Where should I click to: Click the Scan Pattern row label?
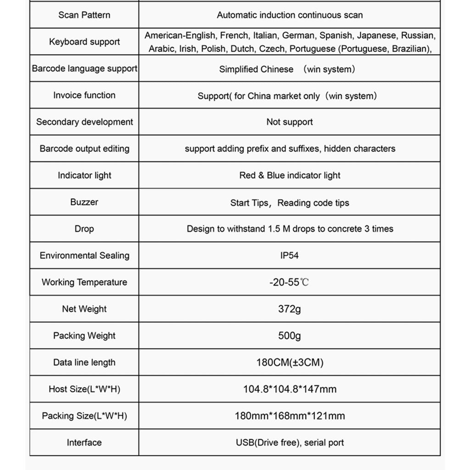(x=84, y=15)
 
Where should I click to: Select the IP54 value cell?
(x=289, y=255)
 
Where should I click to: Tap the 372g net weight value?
(x=289, y=309)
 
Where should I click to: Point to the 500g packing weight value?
(x=289, y=336)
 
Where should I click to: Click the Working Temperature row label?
(x=84, y=282)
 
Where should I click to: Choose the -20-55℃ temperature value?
(x=289, y=282)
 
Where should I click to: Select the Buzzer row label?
(x=84, y=202)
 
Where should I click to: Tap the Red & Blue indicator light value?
(x=290, y=175)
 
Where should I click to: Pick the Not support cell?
(x=289, y=122)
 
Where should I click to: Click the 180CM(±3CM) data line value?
(x=289, y=363)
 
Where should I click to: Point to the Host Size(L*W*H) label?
(x=84, y=389)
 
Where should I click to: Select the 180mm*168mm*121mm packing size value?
(x=289, y=416)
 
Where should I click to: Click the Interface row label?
(x=84, y=442)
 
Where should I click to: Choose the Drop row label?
(x=84, y=229)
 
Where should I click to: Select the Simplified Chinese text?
(x=256, y=69)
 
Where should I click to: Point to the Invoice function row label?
(x=84, y=95)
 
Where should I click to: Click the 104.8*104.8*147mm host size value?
(x=289, y=389)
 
